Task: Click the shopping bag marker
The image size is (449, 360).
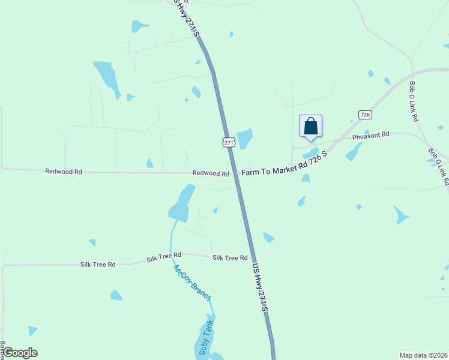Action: [x=310, y=127]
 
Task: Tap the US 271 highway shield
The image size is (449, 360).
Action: [x=228, y=142]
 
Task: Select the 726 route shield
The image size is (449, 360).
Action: [x=364, y=114]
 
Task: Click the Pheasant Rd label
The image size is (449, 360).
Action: [x=371, y=136]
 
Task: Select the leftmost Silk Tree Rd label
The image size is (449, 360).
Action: [x=98, y=264]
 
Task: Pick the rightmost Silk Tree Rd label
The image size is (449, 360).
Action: [x=230, y=257]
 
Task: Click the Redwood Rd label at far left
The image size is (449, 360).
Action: [x=64, y=171]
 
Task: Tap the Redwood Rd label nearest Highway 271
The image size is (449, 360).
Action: [x=211, y=173]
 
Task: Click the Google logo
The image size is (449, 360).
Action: [x=20, y=353]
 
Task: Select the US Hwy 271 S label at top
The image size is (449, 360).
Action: [x=187, y=18]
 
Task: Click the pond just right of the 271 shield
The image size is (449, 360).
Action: [x=244, y=139]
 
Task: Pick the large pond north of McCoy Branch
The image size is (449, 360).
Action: [x=182, y=203]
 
